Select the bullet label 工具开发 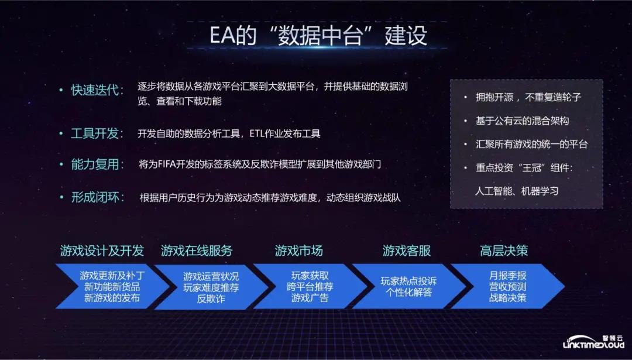97,133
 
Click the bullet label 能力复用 97,164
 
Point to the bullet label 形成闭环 97,197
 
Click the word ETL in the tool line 258,133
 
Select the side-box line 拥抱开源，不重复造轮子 528,98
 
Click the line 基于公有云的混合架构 522,121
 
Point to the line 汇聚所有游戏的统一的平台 531,144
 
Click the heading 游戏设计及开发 102,251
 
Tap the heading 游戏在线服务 197,251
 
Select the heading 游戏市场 298,251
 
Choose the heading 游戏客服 407,251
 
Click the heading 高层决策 504,251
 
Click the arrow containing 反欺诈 211,287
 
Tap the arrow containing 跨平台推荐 310,287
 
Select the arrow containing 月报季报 507,287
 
